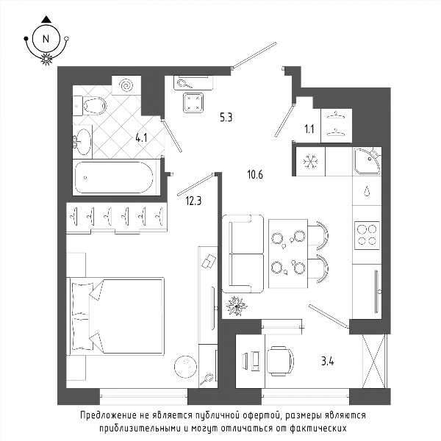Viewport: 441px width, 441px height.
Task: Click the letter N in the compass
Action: pyautogui.click(x=46, y=39)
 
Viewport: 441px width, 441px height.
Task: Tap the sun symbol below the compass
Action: pyautogui.click(x=47, y=59)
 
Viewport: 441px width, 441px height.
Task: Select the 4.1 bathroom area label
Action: pyautogui.click(x=141, y=138)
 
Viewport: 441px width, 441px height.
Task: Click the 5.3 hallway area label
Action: pyautogui.click(x=226, y=118)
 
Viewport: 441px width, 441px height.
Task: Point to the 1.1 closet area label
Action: pyautogui.click(x=309, y=129)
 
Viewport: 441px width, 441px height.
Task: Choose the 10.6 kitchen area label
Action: pyautogui.click(x=255, y=175)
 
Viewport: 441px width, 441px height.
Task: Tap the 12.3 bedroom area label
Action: pyautogui.click(x=193, y=201)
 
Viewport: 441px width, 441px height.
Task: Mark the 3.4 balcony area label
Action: pyautogui.click(x=328, y=361)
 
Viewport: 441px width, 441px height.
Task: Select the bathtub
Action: pyautogui.click(x=115, y=177)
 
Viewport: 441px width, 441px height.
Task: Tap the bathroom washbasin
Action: pyautogui.click(x=82, y=142)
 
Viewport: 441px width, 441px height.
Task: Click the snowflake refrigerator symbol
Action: pyautogui.click(x=310, y=162)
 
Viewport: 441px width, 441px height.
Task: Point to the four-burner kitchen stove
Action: pyautogui.click(x=367, y=235)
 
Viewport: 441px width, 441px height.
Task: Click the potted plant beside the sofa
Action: pyautogui.click(x=237, y=306)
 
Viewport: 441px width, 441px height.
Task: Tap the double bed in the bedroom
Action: pyautogui.click(x=115, y=316)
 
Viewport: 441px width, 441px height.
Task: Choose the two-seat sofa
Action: pyautogui.click(x=243, y=254)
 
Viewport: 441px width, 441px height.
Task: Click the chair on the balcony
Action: pyautogui.click(x=280, y=361)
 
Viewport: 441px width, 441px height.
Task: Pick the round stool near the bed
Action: pyautogui.click(x=185, y=367)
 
